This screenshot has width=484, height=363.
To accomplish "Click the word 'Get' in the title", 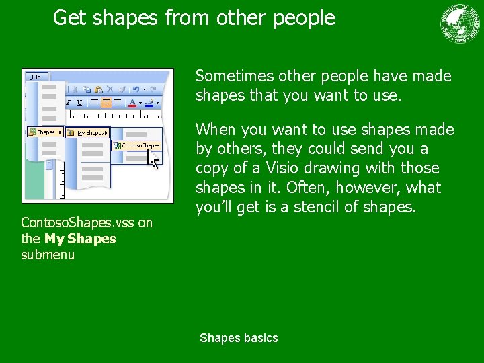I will coord(69,17).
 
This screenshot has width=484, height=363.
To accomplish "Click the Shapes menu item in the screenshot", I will coord(45,132).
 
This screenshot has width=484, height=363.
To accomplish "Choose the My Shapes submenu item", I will coord(87,132).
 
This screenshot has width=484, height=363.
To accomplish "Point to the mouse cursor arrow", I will coord(155,159).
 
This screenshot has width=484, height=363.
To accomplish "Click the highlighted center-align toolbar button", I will coord(106,102).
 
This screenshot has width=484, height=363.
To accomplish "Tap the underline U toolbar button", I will coord(79,102).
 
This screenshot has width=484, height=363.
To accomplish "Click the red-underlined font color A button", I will coord(132,103).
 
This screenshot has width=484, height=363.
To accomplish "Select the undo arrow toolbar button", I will coord(136,89).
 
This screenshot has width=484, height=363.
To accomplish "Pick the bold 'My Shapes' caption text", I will coord(80,239).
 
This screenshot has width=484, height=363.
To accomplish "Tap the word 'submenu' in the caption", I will coord(48,255).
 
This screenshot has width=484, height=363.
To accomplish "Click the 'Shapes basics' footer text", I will coord(239,338).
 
